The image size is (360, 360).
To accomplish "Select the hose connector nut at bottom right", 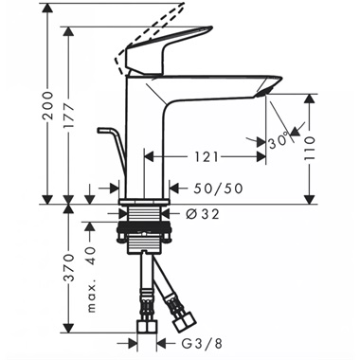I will pyautogui.click(x=177, y=305).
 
